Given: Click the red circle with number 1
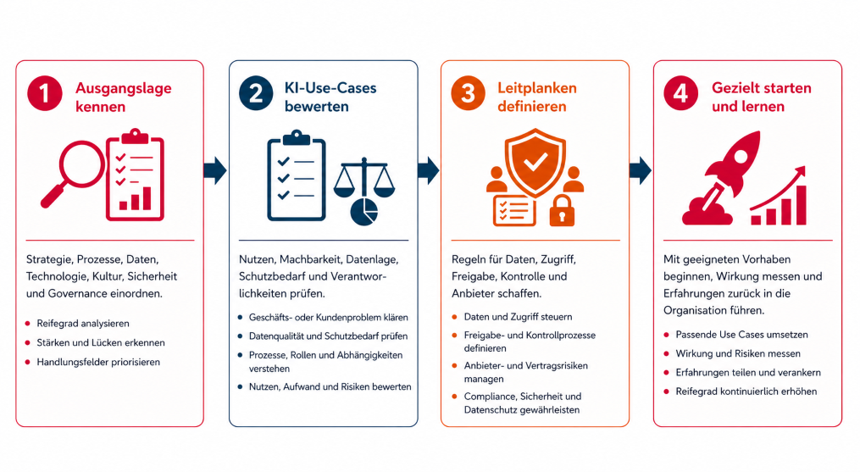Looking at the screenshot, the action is pyautogui.click(x=44, y=93).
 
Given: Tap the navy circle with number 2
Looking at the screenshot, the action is pyautogui.click(x=256, y=93).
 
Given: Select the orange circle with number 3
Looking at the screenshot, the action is pyautogui.click(x=468, y=93).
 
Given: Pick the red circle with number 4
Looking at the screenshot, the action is pyautogui.click(x=680, y=93).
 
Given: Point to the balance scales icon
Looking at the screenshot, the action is pyautogui.click(x=364, y=178).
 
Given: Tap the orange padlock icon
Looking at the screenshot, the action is pyautogui.click(x=562, y=210).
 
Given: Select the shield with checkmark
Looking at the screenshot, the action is pyautogui.click(x=535, y=163).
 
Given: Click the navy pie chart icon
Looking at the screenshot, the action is pyautogui.click(x=364, y=212).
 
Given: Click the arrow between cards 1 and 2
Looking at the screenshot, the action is pyautogui.click(x=215, y=170).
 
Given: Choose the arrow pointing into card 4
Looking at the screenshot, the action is pyautogui.click(x=640, y=170).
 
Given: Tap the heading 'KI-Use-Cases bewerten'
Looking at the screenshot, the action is pyautogui.click(x=330, y=97).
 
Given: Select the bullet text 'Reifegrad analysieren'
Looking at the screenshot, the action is pyautogui.click(x=83, y=323).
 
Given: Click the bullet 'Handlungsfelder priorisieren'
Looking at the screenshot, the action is pyautogui.click(x=98, y=362).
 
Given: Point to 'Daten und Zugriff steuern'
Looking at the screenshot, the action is pyautogui.click(x=518, y=317).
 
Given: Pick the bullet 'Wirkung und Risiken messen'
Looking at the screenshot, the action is pyautogui.click(x=738, y=353).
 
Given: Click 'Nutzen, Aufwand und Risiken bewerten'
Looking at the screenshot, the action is pyautogui.click(x=330, y=386).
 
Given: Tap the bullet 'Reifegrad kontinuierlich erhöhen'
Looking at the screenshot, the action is pyautogui.click(x=746, y=391).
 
